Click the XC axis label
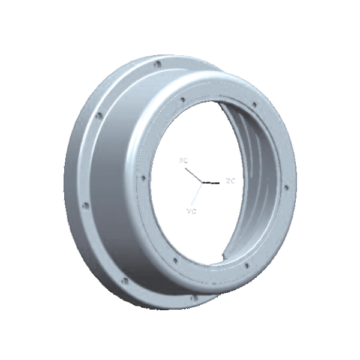tap(183, 160)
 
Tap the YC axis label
tap(191, 211)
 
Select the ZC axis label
tap(230, 181)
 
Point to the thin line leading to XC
tap(193, 175)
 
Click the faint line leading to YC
tap(197, 194)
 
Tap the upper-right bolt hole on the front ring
tap(254, 104)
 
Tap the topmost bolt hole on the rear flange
tap(157, 63)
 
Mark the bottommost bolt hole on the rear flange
tap(194, 297)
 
